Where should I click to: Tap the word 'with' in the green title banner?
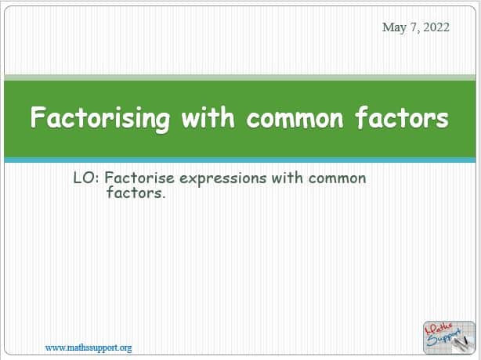pos(208,117)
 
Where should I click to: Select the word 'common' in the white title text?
pos(295,119)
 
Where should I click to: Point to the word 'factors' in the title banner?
pos(402,117)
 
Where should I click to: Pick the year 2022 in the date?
pos(436,27)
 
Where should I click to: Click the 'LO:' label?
pos(86,178)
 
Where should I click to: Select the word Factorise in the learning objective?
pos(139,178)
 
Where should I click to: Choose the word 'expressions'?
pos(223,178)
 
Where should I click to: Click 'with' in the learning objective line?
pos(288,178)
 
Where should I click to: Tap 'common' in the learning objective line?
pos(337,178)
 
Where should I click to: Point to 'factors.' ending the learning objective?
pos(136,193)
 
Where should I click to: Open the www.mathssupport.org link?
pos(89,347)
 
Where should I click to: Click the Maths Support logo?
pos(449,337)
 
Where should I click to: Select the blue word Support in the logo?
pos(444,338)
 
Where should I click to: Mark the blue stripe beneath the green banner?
pos(240,160)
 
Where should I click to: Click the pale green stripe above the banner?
pos(240,77)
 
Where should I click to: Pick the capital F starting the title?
pos(38,117)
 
